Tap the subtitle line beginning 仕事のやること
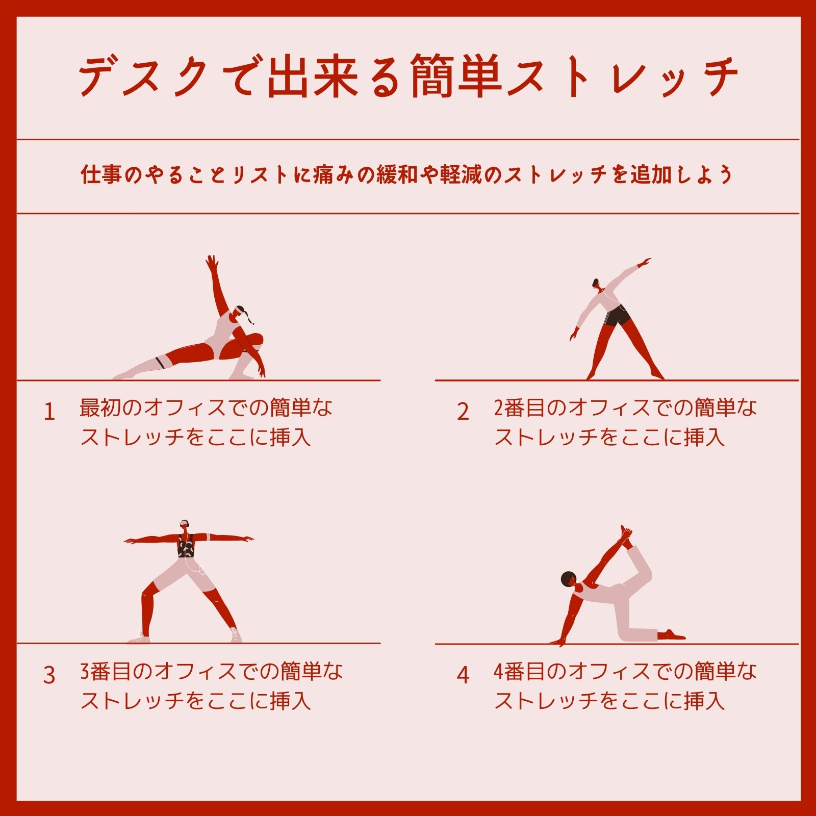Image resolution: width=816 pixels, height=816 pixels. coord(407,174)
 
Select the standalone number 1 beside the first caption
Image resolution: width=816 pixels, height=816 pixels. coord(49,412)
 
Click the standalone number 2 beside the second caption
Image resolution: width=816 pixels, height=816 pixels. coord(463,412)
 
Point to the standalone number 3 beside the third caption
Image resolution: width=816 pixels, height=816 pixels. coord(49,675)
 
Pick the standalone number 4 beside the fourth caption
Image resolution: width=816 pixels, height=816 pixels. coord(463,675)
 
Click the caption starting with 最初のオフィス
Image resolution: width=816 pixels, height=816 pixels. coord(206,422)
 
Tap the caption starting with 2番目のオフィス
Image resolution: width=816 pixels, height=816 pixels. coord(625,422)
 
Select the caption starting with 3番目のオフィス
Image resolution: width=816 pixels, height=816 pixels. coord(212,686)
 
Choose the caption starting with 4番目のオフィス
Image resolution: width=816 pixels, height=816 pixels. coord(625,686)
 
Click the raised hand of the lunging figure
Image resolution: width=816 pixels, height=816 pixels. coord(212,264)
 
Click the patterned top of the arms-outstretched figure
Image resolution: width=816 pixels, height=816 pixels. coord(186,546)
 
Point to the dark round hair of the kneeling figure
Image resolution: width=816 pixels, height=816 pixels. coord(568,579)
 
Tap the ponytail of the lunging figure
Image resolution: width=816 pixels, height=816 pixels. coord(248,317)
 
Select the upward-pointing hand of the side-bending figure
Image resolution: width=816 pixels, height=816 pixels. coord(646,262)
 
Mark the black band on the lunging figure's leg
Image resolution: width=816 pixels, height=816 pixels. coord(160,363)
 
